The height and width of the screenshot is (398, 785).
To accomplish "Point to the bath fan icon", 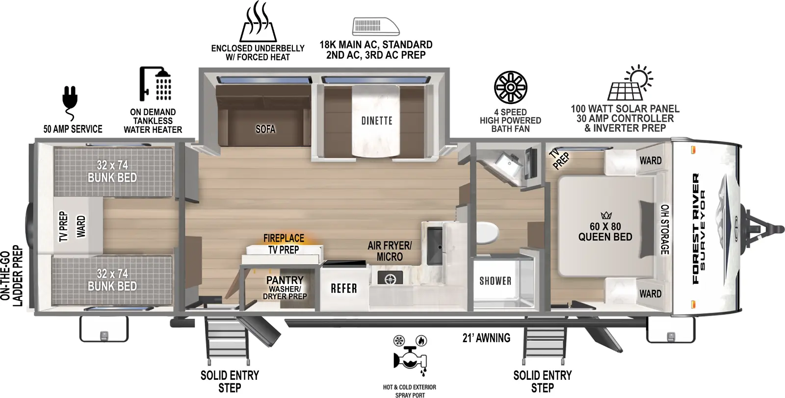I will click(x=510, y=88).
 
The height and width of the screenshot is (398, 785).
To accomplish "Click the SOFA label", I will click(x=265, y=129).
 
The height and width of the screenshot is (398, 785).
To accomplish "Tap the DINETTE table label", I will click(x=377, y=121).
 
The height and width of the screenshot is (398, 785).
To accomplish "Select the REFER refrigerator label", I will click(x=344, y=288).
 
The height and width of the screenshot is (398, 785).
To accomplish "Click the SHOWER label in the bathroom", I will click(x=495, y=281).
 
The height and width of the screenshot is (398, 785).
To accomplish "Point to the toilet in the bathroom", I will click(x=487, y=232).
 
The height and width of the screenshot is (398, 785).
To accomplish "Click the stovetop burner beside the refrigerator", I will click(x=390, y=278).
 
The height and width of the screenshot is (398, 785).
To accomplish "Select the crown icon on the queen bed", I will click(x=606, y=215).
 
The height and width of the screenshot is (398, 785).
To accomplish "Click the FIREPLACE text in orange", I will click(x=284, y=238).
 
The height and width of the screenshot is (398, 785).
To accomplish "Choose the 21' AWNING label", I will click(x=486, y=338).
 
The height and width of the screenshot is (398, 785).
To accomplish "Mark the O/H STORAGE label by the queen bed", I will click(x=664, y=229).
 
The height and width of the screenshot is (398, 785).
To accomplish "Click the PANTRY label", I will click(x=285, y=280).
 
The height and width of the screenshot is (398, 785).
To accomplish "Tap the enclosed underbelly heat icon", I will click(x=258, y=23).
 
